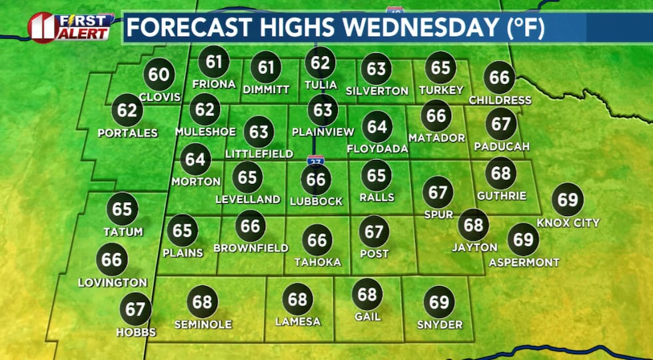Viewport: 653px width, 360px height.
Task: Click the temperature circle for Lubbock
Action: (317, 179)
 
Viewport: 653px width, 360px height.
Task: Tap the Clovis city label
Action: (160, 97)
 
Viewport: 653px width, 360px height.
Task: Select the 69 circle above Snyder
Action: (440, 302)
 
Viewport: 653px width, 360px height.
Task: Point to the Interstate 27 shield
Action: (316, 161)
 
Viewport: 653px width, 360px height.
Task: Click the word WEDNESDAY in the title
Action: (414, 29)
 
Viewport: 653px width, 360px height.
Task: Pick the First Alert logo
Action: (70, 27)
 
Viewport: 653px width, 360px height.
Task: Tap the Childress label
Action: (500, 100)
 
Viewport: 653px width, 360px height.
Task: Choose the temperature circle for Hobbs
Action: (135, 309)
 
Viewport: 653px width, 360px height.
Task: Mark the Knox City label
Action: (568, 223)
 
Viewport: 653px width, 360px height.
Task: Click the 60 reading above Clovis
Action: (159, 75)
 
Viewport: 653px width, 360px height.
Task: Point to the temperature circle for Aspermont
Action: (524, 239)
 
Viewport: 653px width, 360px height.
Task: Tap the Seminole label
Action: (203, 324)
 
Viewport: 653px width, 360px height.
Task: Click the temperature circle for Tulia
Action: (321, 63)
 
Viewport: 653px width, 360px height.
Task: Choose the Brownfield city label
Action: (251, 248)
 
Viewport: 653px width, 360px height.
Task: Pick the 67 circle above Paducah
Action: (502, 124)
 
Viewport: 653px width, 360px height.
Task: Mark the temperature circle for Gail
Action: (367, 294)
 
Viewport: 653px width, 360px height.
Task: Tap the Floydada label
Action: (377, 149)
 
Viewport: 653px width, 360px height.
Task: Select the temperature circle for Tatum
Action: (123, 209)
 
